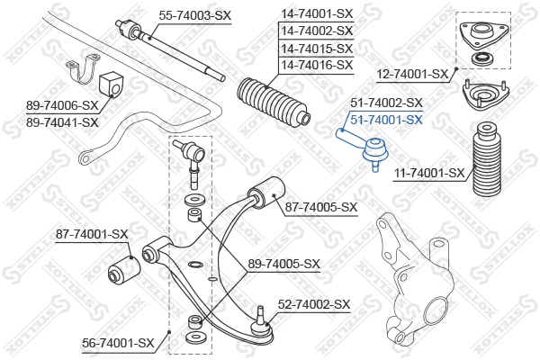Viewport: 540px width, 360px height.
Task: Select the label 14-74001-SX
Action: tap(317, 14)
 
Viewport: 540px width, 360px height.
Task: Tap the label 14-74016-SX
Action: tap(317, 66)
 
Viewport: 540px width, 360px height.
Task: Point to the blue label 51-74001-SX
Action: tap(386, 119)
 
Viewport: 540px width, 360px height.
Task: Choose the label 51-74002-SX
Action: tap(386, 103)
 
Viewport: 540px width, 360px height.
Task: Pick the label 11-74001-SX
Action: tap(430, 173)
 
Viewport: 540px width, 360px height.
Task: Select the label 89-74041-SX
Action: tap(62, 122)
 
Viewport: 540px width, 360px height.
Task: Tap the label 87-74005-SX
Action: tap(321, 208)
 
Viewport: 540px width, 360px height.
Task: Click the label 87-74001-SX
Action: tap(93, 234)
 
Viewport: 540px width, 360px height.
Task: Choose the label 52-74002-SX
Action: tap(313, 305)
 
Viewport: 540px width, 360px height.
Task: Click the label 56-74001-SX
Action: tap(119, 342)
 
